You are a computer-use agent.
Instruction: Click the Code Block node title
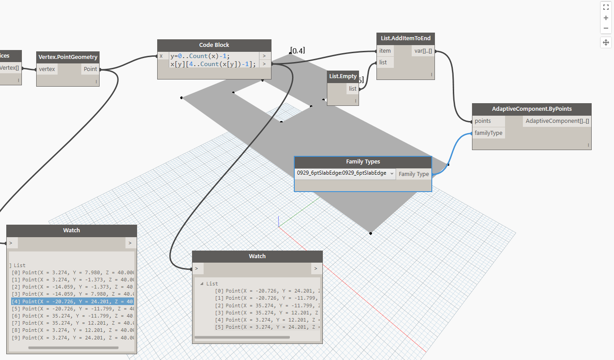point(214,45)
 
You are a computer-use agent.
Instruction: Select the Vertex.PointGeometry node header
point(67,57)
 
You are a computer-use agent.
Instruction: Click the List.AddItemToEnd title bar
point(405,38)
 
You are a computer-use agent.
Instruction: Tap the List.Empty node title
point(343,76)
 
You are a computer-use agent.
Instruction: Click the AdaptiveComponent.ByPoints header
point(531,109)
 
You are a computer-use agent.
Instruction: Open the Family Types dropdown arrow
point(392,173)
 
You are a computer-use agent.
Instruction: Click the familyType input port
point(489,133)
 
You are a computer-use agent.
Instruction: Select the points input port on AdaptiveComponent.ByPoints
point(483,121)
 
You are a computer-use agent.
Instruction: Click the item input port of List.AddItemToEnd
point(385,51)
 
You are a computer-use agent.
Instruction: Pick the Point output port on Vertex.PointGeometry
point(90,69)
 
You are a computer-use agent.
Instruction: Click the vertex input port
point(47,69)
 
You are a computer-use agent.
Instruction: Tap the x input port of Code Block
point(162,56)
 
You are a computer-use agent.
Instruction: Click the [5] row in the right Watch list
point(259,327)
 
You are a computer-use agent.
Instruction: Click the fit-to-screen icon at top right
point(606,7)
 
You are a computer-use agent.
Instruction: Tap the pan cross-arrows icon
point(606,42)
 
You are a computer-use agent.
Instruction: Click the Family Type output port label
point(414,174)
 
